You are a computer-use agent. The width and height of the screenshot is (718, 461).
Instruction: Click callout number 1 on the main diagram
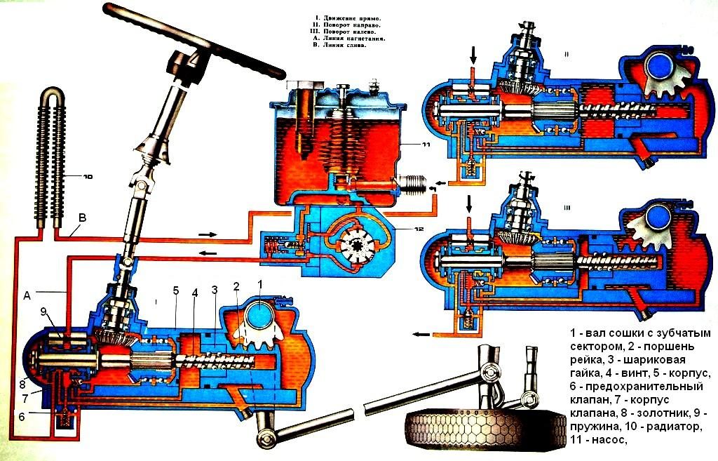pyautogui.click(x=260, y=284)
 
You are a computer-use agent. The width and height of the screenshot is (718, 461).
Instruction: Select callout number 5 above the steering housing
pyautogui.click(x=176, y=290)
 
